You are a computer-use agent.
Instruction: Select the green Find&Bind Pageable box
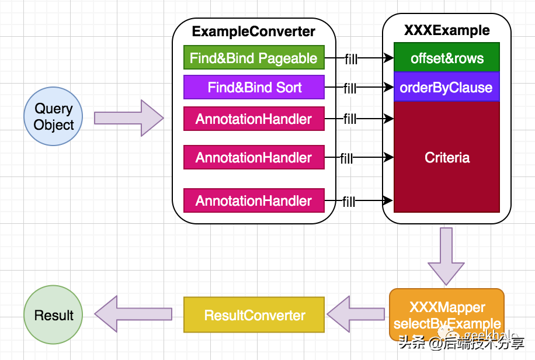pos(253,58)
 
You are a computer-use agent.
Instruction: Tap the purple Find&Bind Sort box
pos(253,88)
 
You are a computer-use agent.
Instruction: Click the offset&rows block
pos(447,58)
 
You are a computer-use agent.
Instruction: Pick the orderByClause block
pos(447,88)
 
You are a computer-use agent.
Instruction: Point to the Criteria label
pos(447,157)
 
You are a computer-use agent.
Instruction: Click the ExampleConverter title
pos(253,32)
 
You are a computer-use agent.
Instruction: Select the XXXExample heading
pos(447,30)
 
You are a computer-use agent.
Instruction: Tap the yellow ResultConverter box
pos(254,316)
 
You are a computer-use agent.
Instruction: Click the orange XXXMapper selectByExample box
pos(447,315)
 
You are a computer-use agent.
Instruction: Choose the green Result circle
pos(53,315)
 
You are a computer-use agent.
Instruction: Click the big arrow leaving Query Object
pos(128,118)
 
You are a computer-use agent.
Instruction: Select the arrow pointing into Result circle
pos(133,315)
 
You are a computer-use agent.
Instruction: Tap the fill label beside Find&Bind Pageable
pos(350,58)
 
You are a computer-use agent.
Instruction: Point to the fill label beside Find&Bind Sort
pos(350,88)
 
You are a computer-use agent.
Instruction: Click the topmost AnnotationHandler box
pos(253,119)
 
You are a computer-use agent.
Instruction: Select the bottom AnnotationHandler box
pos(253,200)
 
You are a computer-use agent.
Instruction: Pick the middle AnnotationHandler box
pos(253,157)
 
